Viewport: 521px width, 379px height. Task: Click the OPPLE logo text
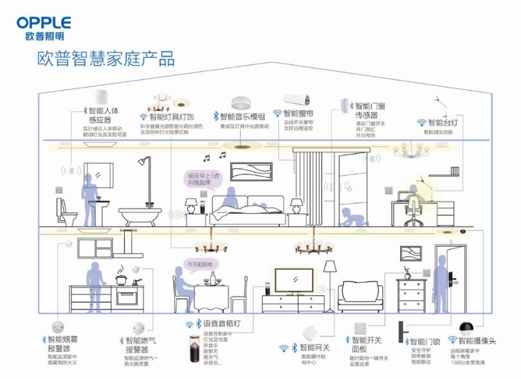[x=44, y=23]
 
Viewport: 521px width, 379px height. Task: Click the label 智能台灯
[x=442, y=122]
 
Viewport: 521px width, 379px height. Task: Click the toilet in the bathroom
[x=66, y=209]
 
